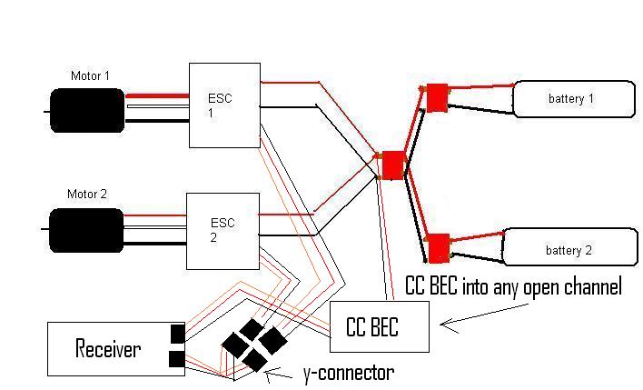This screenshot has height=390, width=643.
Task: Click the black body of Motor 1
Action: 86,109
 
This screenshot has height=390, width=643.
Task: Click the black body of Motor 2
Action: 86,230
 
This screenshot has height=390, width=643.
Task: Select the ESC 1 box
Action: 224,105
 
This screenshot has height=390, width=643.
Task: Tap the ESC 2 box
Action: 223,231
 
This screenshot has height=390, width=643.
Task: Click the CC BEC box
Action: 378,325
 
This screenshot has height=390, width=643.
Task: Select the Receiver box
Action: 108,348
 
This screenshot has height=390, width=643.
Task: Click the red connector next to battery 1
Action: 438,95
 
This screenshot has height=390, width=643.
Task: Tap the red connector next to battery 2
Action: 438,246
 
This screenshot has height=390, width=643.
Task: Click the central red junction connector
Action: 392,165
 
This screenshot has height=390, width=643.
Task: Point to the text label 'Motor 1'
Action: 90,75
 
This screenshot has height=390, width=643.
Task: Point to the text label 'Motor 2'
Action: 87,195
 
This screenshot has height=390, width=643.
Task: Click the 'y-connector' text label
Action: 347,372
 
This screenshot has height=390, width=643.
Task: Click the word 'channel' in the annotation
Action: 590,287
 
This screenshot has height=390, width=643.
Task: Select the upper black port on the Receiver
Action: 177,334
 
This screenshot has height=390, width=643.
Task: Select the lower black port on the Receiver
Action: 177,363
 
